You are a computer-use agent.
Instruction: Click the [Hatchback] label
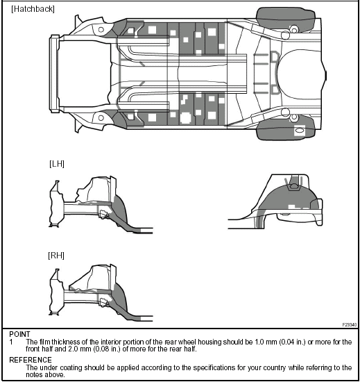(x=33, y=9)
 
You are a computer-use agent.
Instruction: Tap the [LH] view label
(x=57, y=164)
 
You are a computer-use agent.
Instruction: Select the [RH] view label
(x=56, y=256)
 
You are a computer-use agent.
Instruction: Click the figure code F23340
(x=350, y=325)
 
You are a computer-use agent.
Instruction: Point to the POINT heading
(x=19, y=334)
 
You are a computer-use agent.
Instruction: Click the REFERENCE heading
(x=31, y=360)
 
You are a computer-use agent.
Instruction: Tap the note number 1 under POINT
(x=11, y=342)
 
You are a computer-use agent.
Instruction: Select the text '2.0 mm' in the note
(x=79, y=349)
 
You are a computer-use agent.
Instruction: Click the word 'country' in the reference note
(x=275, y=367)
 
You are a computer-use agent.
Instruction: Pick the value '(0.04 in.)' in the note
(x=292, y=342)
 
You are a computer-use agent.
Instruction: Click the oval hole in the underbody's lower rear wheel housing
(x=300, y=131)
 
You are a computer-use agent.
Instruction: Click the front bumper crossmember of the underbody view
(x=55, y=74)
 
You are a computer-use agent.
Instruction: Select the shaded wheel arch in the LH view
(x=121, y=210)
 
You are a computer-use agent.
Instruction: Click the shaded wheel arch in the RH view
(x=121, y=299)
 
